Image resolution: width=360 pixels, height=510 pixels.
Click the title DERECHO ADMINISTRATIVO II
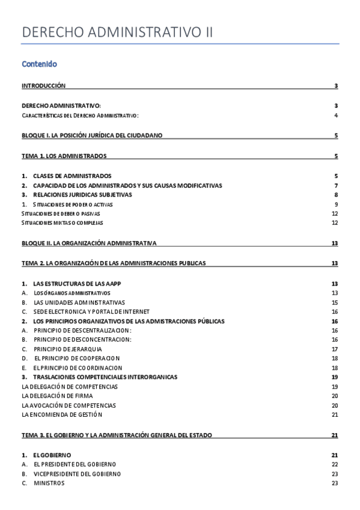click(x=117, y=32)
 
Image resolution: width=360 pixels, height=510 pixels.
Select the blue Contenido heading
click(x=39, y=64)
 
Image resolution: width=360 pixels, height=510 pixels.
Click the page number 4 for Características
click(x=336, y=115)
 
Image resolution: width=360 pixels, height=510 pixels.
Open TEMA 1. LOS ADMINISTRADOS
click(x=64, y=156)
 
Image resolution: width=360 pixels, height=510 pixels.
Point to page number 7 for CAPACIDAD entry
click(x=336, y=185)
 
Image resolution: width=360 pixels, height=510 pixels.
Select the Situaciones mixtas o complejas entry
click(x=62, y=223)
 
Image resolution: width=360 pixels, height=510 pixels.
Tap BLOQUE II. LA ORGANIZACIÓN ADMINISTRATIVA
click(x=89, y=243)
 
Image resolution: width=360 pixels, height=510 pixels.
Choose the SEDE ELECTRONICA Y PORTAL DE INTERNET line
click(x=91, y=312)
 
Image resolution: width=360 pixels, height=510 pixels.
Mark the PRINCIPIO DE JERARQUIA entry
click(x=67, y=349)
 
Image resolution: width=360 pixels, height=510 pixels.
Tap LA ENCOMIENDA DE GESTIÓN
click(x=62, y=414)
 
